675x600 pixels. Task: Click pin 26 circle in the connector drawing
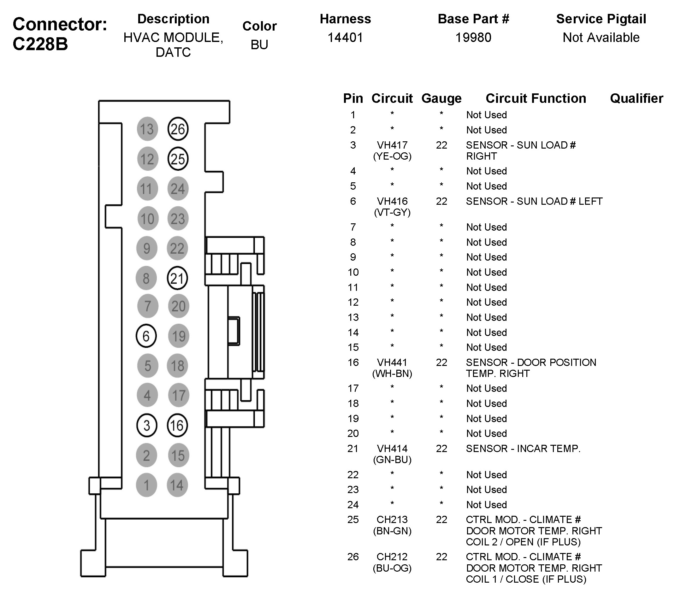pyautogui.click(x=178, y=129)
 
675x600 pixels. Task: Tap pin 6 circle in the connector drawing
pyautogui.click(x=146, y=336)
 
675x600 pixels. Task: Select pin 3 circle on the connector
pyautogui.click(x=147, y=425)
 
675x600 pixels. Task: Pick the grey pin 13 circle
pyautogui.click(x=147, y=129)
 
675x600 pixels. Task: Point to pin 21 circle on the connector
pyautogui.click(x=177, y=278)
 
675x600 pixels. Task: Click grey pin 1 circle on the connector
pyautogui.click(x=146, y=485)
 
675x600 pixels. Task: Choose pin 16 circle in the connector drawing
pyautogui.click(x=177, y=425)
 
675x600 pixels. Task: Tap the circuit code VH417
pyautogui.click(x=392, y=145)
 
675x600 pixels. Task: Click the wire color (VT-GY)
pyautogui.click(x=392, y=212)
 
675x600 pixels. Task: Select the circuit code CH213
pyautogui.click(x=392, y=520)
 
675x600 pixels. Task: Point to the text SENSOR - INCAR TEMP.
pyautogui.click(x=523, y=449)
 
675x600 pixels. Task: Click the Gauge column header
pyautogui.click(x=441, y=98)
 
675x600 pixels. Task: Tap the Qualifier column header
pyautogui.click(x=637, y=98)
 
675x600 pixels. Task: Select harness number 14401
pyautogui.click(x=345, y=38)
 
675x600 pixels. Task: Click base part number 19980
pyautogui.click(x=473, y=38)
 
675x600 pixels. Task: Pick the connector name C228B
pyautogui.click(x=40, y=44)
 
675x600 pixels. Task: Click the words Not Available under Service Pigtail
pyautogui.click(x=601, y=38)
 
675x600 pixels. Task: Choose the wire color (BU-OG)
pyautogui.click(x=392, y=568)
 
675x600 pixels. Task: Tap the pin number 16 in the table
pyautogui.click(x=353, y=362)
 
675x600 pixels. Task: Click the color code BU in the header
pyautogui.click(x=259, y=45)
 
